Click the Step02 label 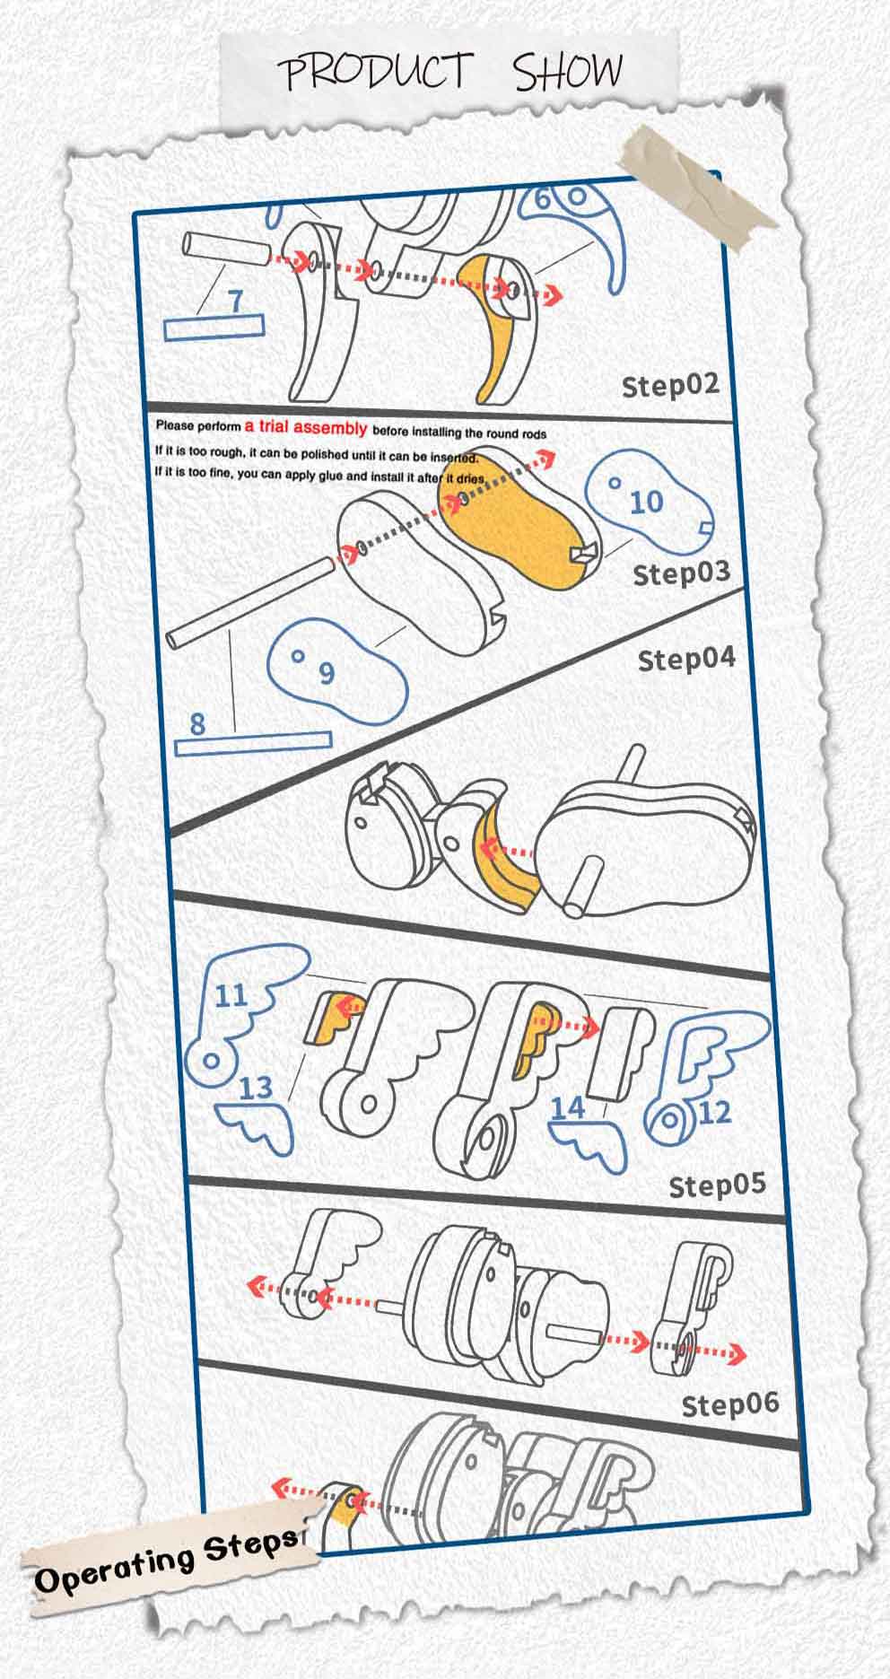[x=670, y=385]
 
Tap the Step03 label [x=682, y=573]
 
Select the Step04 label [x=686, y=659]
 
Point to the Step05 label [x=718, y=1185]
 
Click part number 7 [x=235, y=300]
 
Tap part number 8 [x=197, y=722]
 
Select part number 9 [x=327, y=671]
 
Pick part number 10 [x=645, y=502]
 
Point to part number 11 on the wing [x=231, y=995]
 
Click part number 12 [x=714, y=1113]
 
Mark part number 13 [x=256, y=1088]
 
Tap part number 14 [x=567, y=1107]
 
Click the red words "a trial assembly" [x=306, y=429]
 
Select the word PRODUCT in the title [x=375, y=71]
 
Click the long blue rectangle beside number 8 [x=253, y=743]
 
